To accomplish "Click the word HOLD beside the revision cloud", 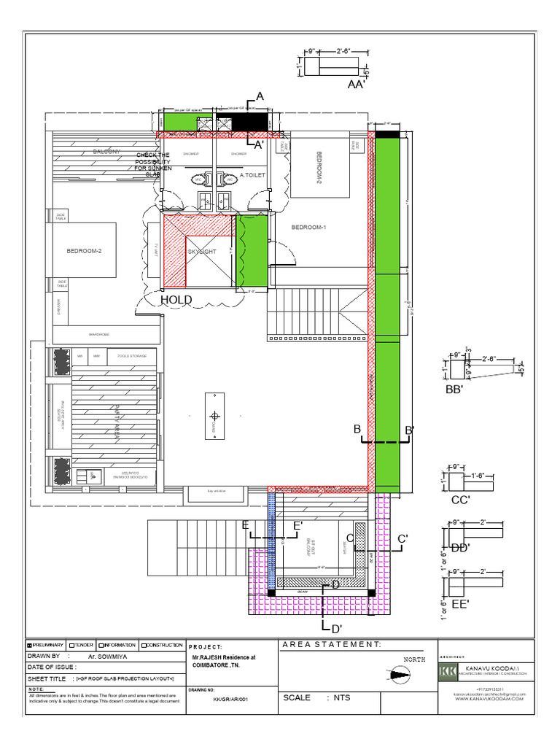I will (x=176, y=300).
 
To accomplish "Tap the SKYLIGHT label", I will (x=203, y=251).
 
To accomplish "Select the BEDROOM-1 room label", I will (x=309, y=228).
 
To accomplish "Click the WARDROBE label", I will (x=99, y=335).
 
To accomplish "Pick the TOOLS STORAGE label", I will (x=132, y=356).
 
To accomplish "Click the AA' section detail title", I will (x=357, y=85).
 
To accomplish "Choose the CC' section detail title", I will (x=459, y=500).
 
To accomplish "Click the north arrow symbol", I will (x=398, y=676).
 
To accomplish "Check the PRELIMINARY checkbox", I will (x=30, y=646).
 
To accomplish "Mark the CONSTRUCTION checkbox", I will (x=144, y=646).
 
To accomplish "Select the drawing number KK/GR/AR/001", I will (x=221, y=698).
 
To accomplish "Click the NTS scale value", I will (x=343, y=698).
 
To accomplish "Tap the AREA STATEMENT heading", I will (x=330, y=645).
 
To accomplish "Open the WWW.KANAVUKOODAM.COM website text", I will (x=489, y=700).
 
